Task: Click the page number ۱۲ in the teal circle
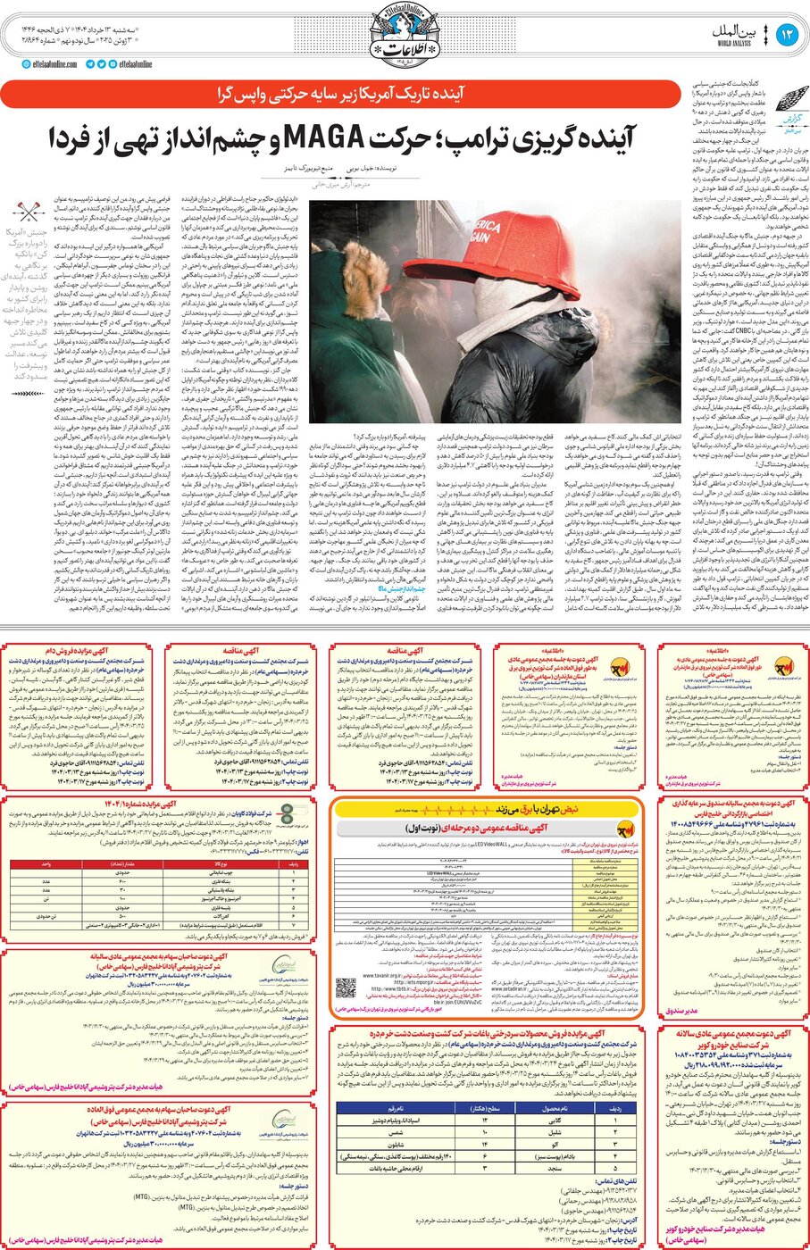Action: (787, 35)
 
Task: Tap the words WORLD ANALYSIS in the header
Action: (734, 43)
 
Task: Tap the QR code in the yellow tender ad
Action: (346, 989)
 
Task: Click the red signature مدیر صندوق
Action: (684, 1012)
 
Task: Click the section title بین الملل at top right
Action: (735, 31)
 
